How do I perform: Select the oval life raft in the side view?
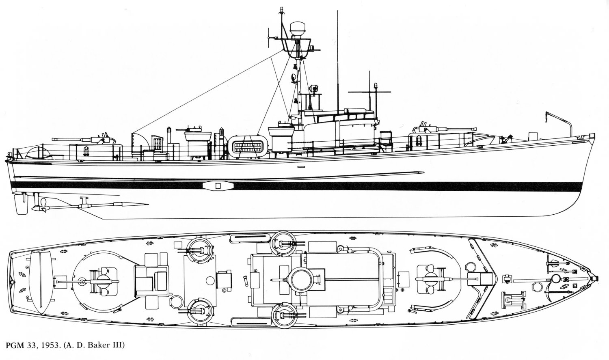[x=248, y=147]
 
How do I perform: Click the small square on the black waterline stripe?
[x=218, y=186]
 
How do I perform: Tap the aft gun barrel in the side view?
[x=71, y=139]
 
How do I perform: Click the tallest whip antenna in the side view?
[x=338, y=62]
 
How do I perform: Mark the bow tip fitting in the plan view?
[x=596, y=278]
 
